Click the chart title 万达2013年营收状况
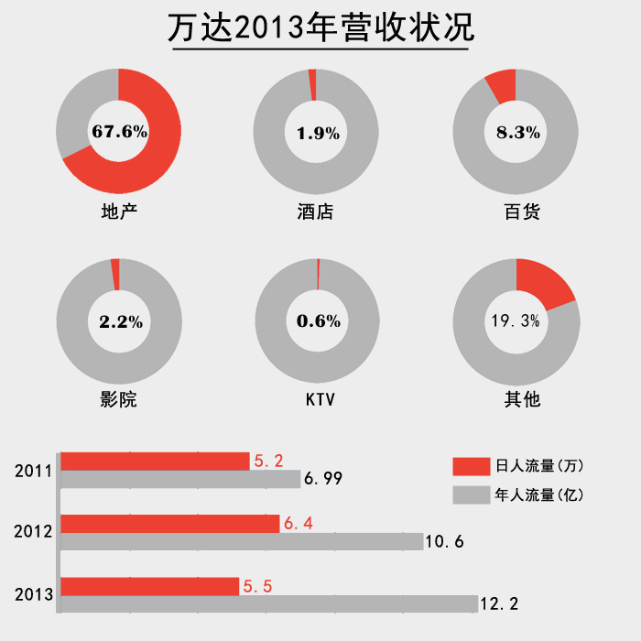pyautogui.click(x=320, y=28)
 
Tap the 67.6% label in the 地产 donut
pyautogui.click(x=120, y=131)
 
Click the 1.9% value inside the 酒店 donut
pyautogui.click(x=318, y=133)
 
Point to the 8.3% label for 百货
pyautogui.click(x=517, y=132)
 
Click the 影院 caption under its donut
pyautogui.click(x=118, y=400)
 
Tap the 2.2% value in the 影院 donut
pyautogui.click(x=120, y=320)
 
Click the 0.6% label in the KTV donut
pyautogui.click(x=318, y=320)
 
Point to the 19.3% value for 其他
pyautogui.click(x=516, y=320)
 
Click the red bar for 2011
pyautogui.click(x=156, y=462)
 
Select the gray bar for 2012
pyautogui.click(x=243, y=541)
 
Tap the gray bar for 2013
pyautogui.click(x=270, y=603)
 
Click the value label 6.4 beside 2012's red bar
pyautogui.click(x=299, y=524)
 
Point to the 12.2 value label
pyautogui.click(x=499, y=604)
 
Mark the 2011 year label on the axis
pyautogui.click(x=33, y=472)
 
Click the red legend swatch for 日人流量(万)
pyautogui.click(x=471, y=467)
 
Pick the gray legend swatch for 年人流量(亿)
pyautogui.click(x=471, y=494)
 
